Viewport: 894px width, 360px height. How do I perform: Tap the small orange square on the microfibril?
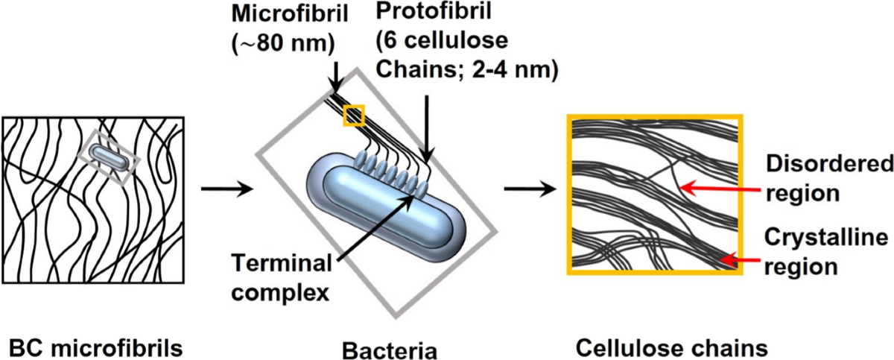click(353, 115)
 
